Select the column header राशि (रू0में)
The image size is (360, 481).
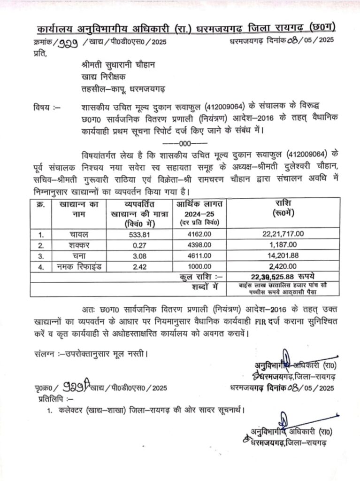(x=283, y=208)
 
